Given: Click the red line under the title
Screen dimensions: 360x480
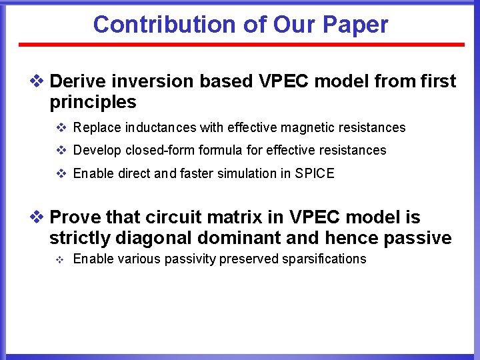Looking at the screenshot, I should click(x=241, y=45).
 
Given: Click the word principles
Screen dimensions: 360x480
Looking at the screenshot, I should click(x=93, y=102).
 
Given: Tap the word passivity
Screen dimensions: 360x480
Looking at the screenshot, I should click(x=190, y=259).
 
